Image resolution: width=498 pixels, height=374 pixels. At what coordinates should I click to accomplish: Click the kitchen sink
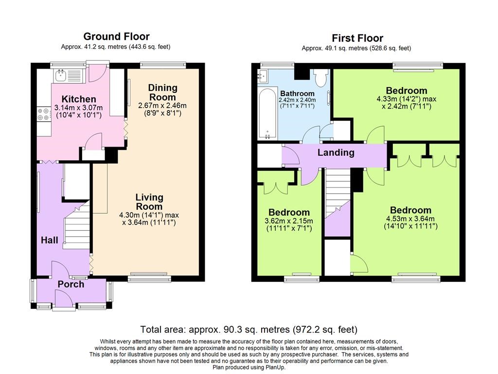[x=68, y=76]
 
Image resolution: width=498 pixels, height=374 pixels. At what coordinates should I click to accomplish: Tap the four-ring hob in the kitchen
[x=44, y=114]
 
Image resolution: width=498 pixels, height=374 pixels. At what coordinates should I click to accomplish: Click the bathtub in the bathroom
[x=267, y=113]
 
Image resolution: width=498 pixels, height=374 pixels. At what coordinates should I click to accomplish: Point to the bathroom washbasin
[x=262, y=76]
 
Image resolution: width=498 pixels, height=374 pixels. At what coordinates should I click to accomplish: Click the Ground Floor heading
[x=116, y=36]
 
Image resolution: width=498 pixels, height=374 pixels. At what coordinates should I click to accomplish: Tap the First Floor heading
[x=357, y=38]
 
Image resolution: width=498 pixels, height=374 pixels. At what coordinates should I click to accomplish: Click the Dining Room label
[x=162, y=92]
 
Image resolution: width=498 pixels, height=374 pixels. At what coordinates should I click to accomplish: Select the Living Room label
[x=149, y=202]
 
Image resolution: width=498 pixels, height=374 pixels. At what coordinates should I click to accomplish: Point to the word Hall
[x=49, y=240]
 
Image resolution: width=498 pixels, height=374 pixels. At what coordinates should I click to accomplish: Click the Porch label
[x=71, y=284]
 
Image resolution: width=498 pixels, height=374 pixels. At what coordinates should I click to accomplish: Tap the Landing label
[x=336, y=152]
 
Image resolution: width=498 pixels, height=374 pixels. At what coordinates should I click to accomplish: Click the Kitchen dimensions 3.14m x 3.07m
[x=79, y=108]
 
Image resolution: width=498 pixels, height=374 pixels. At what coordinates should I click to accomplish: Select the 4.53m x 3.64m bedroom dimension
[x=410, y=219]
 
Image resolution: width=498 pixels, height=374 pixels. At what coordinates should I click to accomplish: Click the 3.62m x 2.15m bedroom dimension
[x=289, y=221]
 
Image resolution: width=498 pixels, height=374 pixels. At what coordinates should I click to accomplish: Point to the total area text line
[x=249, y=330]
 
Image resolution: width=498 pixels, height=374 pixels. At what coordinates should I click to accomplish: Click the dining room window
[x=163, y=65]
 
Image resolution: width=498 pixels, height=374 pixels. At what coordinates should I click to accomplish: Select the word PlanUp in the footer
[x=275, y=368]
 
